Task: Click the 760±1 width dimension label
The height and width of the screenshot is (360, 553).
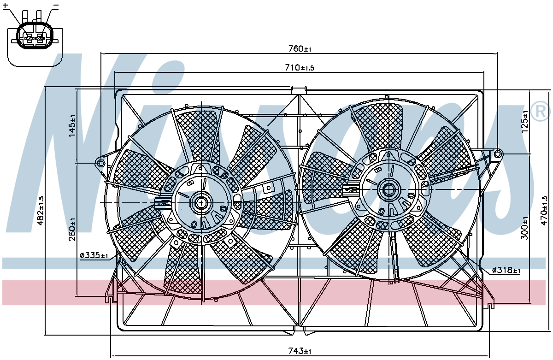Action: (x=300, y=49)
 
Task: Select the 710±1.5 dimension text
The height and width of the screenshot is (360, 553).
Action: (x=300, y=67)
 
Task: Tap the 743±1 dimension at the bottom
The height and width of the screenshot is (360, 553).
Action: (x=300, y=351)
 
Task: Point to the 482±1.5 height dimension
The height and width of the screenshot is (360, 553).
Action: (x=41, y=211)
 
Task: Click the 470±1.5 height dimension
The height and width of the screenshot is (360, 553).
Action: (x=544, y=211)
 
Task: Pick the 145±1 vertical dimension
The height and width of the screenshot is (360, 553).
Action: (x=72, y=126)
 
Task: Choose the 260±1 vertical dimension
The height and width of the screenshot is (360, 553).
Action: (x=72, y=230)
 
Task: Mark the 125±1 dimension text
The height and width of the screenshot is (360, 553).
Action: (x=525, y=121)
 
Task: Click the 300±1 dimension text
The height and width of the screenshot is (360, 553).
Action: (x=525, y=228)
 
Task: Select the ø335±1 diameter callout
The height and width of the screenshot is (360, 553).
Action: (x=94, y=255)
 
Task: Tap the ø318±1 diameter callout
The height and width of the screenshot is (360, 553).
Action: (x=506, y=270)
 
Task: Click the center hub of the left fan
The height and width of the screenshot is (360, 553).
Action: (x=201, y=203)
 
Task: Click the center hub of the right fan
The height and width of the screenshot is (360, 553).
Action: (x=388, y=190)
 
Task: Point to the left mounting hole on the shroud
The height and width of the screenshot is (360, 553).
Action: (x=101, y=163)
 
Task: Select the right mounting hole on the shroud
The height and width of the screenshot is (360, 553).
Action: (x=498, y=154)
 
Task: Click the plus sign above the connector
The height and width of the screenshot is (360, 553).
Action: (x=5, y=5)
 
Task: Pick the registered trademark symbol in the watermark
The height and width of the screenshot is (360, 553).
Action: (x=541, y=111)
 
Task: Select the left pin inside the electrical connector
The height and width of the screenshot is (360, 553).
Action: (x=29, y=38)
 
